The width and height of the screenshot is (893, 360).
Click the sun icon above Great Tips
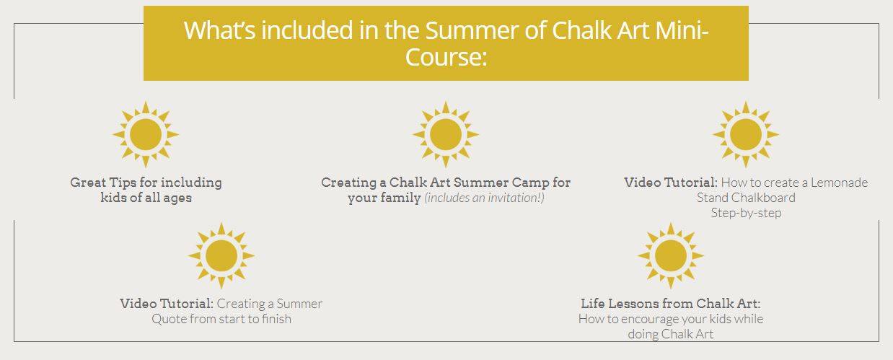(146, 134)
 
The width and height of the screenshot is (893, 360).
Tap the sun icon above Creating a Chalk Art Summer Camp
(446, 134)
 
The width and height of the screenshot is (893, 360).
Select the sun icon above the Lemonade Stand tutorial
(746, 134)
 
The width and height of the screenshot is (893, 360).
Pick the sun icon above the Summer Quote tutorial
(221, 255)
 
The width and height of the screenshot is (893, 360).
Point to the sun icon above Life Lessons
(671, 255)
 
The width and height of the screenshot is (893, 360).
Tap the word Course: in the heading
(446, 57)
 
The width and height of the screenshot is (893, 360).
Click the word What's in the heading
(220, 30)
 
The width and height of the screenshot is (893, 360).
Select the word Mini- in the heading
(682, 30)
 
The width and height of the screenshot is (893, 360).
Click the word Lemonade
(839, 183)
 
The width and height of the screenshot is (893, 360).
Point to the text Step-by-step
(746, 213)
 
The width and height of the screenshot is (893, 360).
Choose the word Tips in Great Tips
(123, 183)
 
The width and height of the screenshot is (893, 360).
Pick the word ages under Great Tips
(177, 198)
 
